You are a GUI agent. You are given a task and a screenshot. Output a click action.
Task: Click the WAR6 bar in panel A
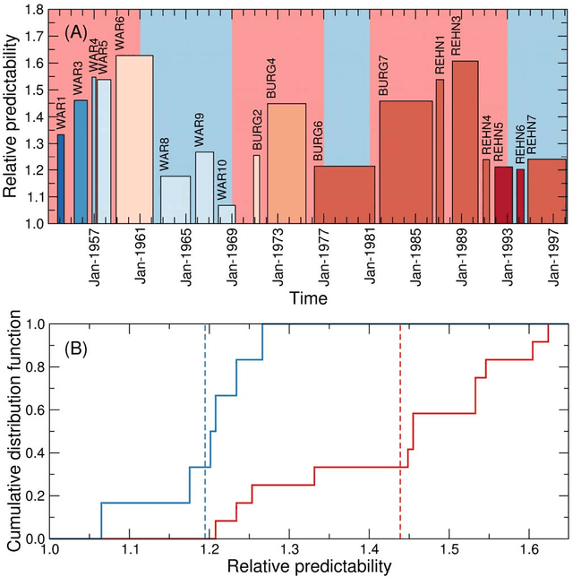click(x=135, y=139)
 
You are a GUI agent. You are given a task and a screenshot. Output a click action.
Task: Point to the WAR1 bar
click(x=61, y=179)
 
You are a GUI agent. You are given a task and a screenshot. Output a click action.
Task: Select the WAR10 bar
click(x=227, y=214)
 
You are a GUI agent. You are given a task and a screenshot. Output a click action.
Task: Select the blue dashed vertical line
click(x=205, y=430)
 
